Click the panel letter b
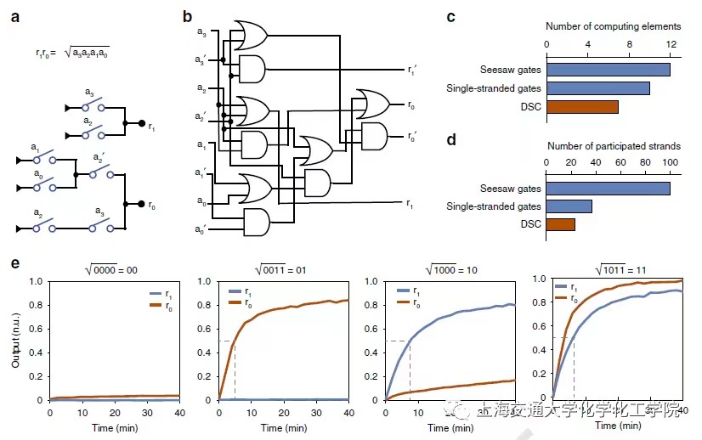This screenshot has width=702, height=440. point(187,17)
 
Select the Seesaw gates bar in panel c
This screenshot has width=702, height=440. point(608,70)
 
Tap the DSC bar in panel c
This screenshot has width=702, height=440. point(582,107)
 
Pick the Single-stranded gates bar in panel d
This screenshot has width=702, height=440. point(569,206)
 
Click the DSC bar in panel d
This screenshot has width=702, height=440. point(560,224)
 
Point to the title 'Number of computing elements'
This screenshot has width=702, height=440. point(612,27)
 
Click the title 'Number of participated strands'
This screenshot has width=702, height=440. point(612,146)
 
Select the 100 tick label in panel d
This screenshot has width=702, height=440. point(670,161)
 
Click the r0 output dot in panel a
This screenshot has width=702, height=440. point(141,204)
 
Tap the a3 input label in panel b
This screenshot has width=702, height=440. point(201,32)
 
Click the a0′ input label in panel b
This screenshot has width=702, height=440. point(201,230)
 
